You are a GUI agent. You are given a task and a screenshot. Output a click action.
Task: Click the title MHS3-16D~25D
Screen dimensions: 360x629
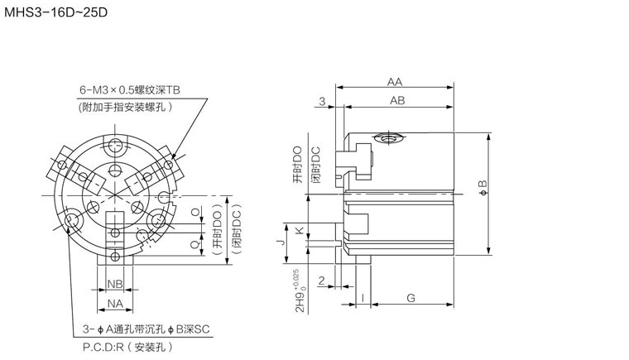click(x=55, y=14)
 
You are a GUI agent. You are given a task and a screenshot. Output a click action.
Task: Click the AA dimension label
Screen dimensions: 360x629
click(x=395, y=82)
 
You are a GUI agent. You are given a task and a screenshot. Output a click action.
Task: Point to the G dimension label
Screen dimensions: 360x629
click(x=411, y=297)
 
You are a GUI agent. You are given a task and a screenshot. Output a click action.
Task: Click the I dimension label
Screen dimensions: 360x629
click(x=363, y=297)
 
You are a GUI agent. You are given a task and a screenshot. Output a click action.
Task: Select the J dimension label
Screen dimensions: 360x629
click(x=281, y=242)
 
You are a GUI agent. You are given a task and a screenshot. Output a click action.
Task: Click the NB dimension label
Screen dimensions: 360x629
click(x=116, y=284)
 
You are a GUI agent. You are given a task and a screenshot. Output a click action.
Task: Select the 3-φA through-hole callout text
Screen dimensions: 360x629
click(x=146, y=329)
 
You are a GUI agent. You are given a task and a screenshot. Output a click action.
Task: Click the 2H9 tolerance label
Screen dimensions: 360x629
click(x=300, y=290)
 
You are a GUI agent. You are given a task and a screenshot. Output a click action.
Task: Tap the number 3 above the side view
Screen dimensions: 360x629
click(x=323, y=100)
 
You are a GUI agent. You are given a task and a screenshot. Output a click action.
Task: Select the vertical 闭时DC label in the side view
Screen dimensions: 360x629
click(x=314, y=166)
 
